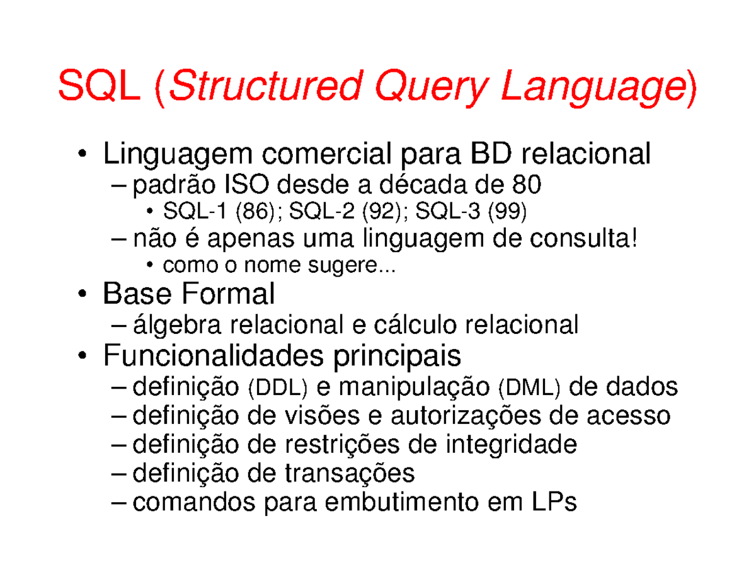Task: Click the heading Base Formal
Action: [x=189, y=294]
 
